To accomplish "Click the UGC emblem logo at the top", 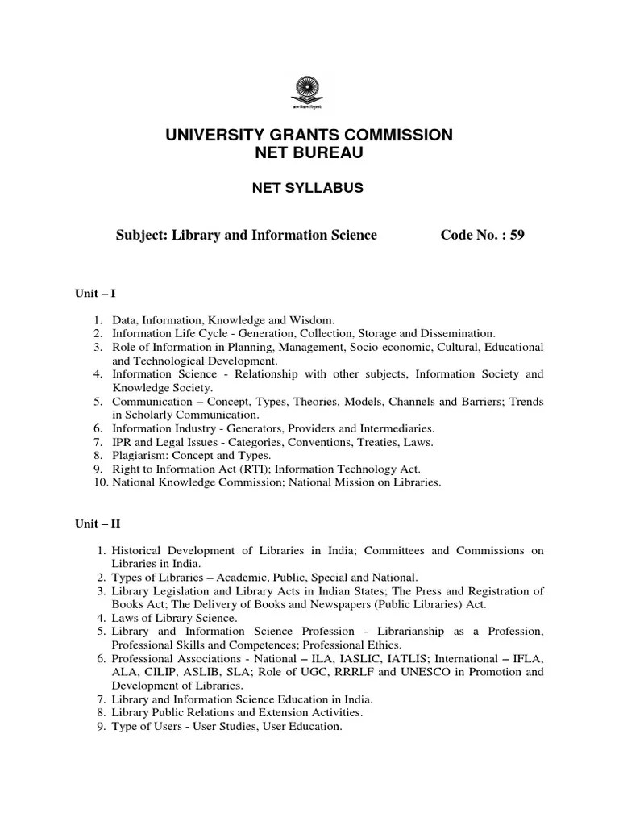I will [309, 92].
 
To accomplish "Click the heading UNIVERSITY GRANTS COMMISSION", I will [309, 136].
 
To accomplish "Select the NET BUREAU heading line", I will [309, 152].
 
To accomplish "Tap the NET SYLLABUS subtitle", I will [309, 188].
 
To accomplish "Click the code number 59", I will [517, 235].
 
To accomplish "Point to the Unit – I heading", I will [96, 294].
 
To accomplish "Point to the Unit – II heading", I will [98, 524].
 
